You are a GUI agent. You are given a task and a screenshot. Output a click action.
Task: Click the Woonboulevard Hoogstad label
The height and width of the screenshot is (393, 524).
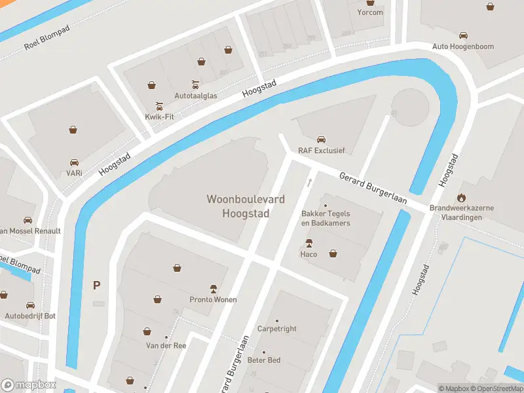[238, 206]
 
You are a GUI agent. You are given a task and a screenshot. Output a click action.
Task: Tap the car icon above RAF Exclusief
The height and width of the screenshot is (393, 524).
[321, 139]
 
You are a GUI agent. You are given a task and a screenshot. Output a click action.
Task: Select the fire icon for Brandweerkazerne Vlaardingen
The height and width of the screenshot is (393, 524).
[462, 196]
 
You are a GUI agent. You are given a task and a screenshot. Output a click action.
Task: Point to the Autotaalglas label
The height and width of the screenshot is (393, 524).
[195, 95]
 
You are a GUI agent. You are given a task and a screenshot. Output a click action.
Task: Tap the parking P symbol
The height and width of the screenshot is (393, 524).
[97, 285]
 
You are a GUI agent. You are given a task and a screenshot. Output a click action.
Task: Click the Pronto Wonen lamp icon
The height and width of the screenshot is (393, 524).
[213, 288]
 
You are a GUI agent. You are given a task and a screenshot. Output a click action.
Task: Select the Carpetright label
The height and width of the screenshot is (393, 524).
[276, 329]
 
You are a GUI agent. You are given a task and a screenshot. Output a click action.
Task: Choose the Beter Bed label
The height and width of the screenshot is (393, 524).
[263, 360]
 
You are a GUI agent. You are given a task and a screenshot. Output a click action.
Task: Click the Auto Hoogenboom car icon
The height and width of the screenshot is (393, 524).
[463, 35]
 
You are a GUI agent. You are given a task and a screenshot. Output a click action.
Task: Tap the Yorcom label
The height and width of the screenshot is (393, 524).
[370, 12]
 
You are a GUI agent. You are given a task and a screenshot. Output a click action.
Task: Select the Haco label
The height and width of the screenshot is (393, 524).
[309, 254]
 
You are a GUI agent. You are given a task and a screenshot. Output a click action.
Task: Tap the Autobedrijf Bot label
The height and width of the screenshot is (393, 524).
[30, 316]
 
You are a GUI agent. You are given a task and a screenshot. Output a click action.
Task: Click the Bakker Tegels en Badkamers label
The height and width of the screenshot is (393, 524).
[326, 218]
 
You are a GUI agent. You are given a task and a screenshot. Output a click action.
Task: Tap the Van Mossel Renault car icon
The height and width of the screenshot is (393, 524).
[28, 220]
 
